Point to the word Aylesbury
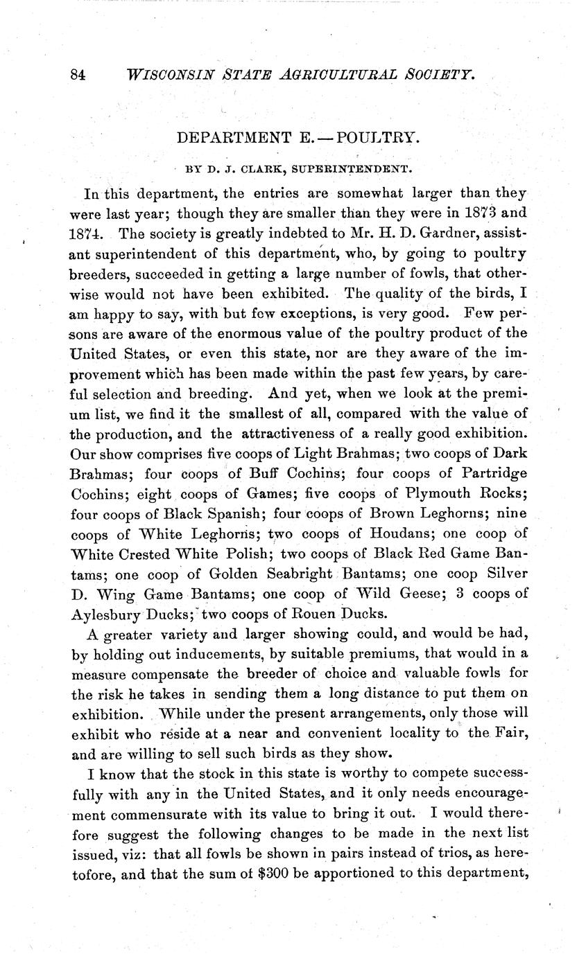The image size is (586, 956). tap(105, 614)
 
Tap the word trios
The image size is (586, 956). tap(433, 853)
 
